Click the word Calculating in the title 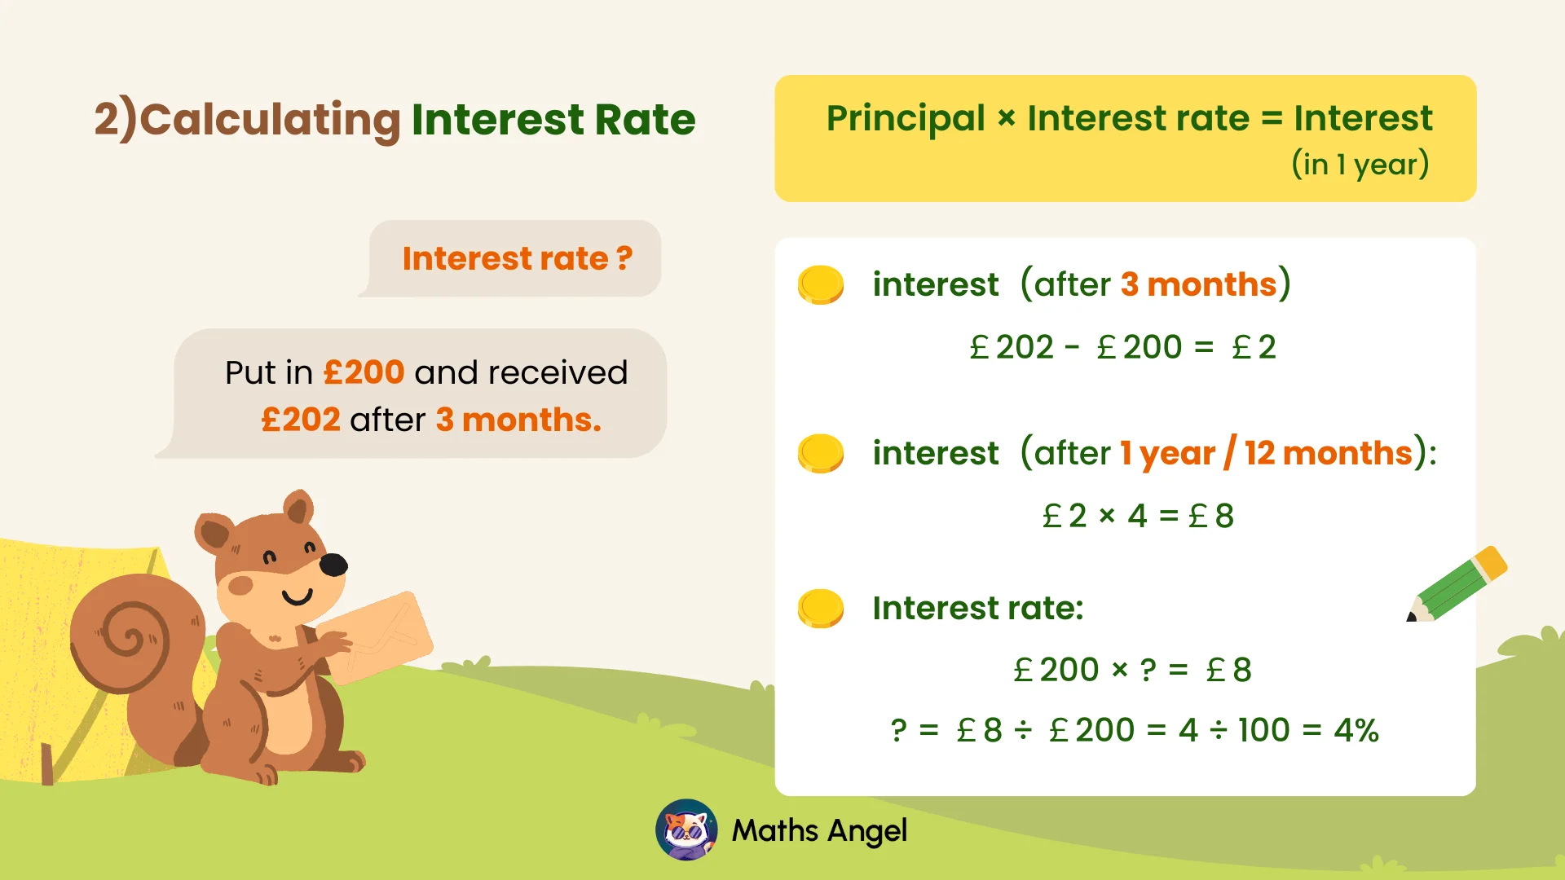270,121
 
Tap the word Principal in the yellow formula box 906,119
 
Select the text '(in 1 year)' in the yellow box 1360,165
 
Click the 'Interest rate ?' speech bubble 517,258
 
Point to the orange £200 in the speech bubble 364,372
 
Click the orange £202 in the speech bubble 300,420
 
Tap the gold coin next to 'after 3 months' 820,284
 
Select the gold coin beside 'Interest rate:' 820,608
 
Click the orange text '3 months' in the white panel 1198,284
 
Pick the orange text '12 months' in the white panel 1329,453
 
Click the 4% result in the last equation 1356,730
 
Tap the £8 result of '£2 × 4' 1212,516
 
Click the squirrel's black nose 333,564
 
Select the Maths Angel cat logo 686,830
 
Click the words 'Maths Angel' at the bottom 819,830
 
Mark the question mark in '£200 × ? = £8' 1148,670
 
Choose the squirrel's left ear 214,533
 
